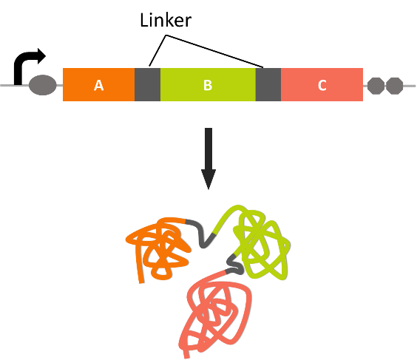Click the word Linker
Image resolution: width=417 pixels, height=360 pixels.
point(166,20)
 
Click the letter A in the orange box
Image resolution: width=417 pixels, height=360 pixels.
point(98,85)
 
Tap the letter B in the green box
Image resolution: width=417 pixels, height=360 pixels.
point(208,85)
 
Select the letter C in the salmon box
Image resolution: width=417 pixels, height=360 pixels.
point(322,85)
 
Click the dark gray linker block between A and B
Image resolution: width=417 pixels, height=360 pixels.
point(147,84)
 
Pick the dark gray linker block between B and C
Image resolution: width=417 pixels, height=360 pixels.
point(268,84)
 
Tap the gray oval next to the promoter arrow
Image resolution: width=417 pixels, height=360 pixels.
point(43,85)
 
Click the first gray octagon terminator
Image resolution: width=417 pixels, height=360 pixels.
point(376,86)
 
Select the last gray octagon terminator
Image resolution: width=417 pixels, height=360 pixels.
point(394,86)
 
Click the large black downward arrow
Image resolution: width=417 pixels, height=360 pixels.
point(208,158)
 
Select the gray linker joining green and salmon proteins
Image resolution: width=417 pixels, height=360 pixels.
point(235,265)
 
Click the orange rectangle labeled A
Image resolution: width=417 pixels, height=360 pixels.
point(98,84)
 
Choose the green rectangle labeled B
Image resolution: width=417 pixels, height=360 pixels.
point(208,84)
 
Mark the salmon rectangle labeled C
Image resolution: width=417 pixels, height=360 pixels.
point(322,84)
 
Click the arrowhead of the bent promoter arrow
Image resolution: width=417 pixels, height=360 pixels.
point(41,56)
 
